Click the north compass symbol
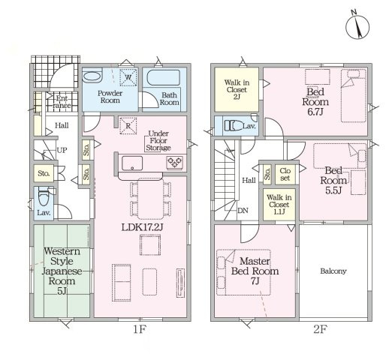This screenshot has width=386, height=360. (357, 27)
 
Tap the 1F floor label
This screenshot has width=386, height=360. (139, 329)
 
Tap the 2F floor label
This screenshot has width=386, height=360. (320, 329)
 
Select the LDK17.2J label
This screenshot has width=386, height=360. (142, 227)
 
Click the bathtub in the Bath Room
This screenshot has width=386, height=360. (164, 77)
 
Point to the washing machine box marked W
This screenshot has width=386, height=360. (128, 77)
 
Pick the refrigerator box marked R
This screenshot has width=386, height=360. (128, 126)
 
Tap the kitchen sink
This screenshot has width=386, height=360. (132, 163)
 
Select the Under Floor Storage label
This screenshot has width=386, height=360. (158, 140)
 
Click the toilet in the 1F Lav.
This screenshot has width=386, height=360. (44, 198)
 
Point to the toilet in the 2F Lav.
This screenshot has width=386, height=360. (234, 125)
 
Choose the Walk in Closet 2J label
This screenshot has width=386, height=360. (237, 89)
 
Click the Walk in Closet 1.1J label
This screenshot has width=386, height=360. (279, 205)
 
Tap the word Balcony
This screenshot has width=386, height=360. (333, 271)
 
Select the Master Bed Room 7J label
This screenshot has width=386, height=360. (255, 271)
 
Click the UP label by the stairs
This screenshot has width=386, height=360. (62, 150)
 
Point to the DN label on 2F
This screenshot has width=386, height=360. (243, 211)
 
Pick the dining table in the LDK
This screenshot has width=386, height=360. (150, 199)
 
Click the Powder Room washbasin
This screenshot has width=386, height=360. (92, 76)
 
